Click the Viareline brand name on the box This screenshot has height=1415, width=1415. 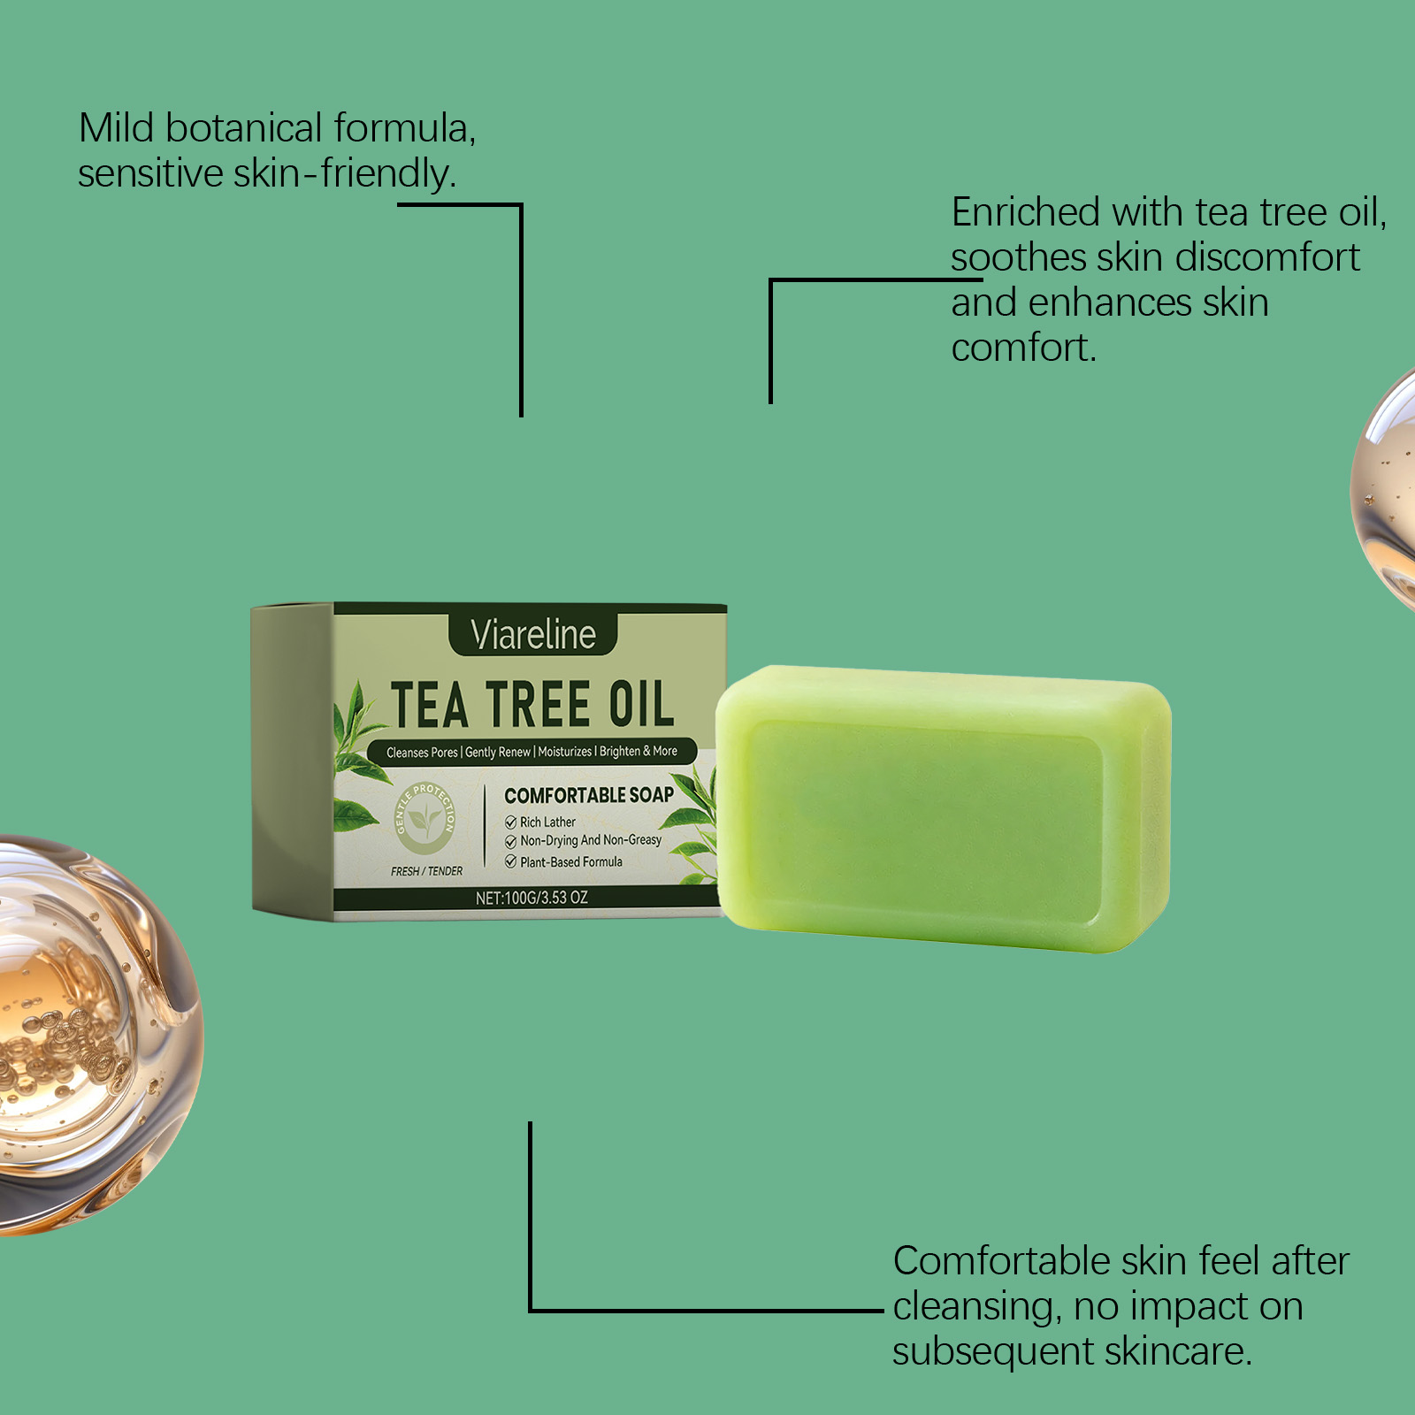533,634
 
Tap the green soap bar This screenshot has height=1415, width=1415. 944,809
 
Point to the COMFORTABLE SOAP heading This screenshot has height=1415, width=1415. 589,795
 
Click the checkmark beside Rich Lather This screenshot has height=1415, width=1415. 510,822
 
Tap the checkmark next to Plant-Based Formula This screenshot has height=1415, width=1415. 510,861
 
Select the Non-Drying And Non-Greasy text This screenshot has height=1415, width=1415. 591,840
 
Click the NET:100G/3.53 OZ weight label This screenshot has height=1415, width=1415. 532,898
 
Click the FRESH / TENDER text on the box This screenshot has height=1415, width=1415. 427,871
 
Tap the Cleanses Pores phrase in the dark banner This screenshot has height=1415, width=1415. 422,753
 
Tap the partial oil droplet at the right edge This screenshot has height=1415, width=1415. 1385,491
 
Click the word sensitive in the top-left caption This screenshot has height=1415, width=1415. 150,173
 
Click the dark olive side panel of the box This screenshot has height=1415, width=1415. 293,761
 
